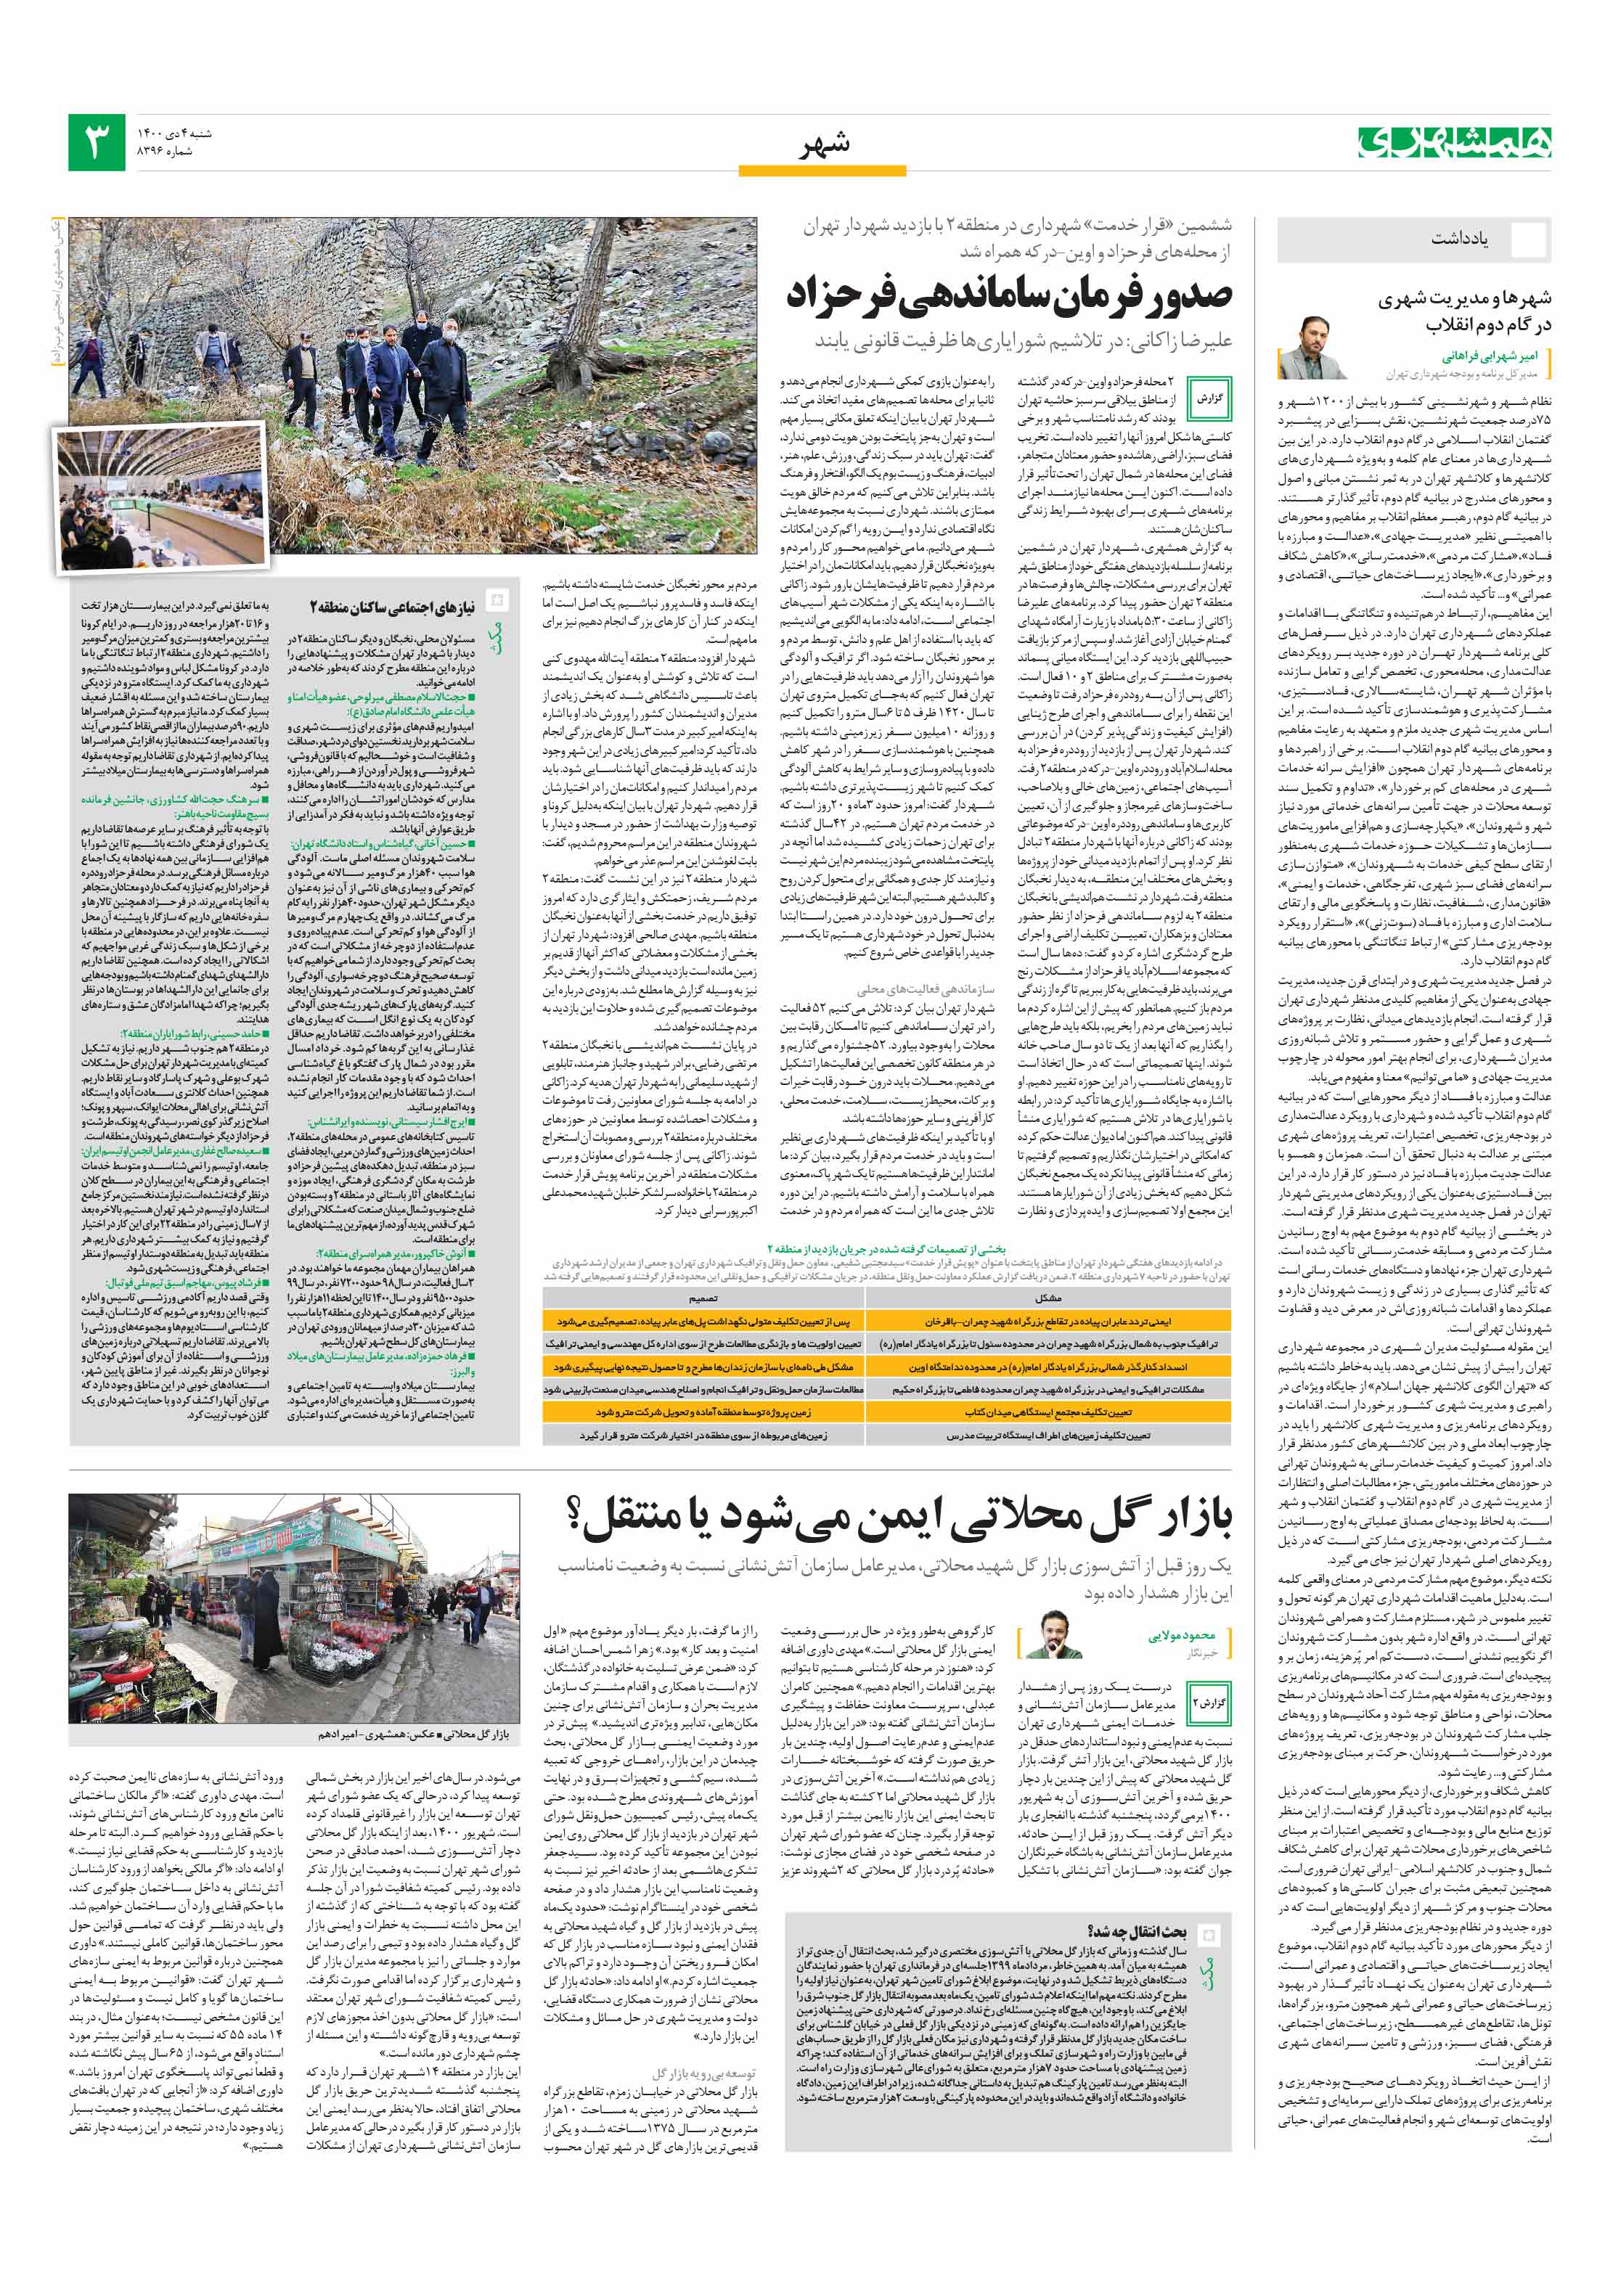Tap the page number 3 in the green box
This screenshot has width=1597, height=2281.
pos(97,142)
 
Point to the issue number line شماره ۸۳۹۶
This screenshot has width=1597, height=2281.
pos(164,152)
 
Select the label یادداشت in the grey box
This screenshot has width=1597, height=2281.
pos(1459,239)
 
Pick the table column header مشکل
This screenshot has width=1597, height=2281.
pos(1048,1298)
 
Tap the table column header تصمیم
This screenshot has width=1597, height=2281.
pos(703,1298)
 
